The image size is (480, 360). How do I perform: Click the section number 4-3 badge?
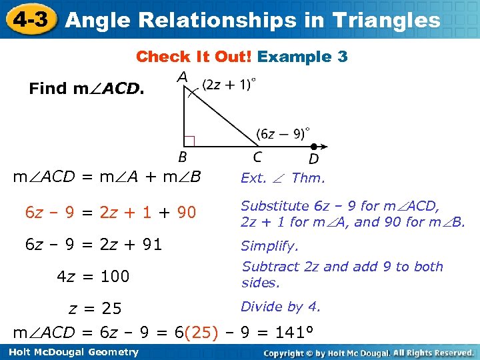[x=29, y=19]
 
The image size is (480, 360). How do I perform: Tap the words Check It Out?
[x=193, y=57]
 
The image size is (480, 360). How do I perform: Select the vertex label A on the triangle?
[x=181, y=78]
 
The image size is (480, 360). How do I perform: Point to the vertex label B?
[x=182, y=158]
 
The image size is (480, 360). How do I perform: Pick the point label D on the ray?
[x=313, y=159]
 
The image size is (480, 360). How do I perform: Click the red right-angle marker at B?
[x=189, y=141]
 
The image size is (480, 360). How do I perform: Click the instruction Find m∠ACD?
[x=86, y=89]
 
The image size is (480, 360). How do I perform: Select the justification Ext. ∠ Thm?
[x=283, y=178]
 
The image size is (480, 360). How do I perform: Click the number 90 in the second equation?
[x=187, y=213]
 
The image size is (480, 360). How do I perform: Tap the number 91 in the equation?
[x=153, y=245]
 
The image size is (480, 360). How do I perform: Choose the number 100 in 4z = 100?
[x=115, y=276]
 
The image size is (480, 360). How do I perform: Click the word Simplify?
[x=269, y=246]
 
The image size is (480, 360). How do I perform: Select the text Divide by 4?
[x=280, y=307]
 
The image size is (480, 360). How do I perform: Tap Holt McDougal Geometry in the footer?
[x=71, y=352]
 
